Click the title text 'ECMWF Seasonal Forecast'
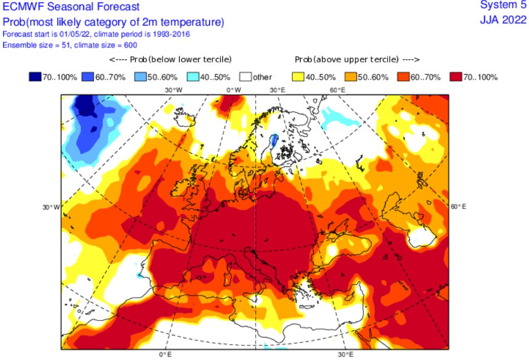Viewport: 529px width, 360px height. click(x=71, y=7)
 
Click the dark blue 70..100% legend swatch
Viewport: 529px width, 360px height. click(x=36, y=77)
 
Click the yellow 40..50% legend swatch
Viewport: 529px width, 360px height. click(x=300, y=77)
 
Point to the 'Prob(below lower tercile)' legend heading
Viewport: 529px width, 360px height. click(x=170, y=59)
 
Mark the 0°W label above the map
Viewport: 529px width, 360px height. click(x=234, y=90)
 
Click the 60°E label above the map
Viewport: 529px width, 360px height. click(x=336, y=90)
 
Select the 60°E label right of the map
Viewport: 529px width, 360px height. click(x=458, y=206)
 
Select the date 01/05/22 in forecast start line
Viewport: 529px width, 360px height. click(x=64, y=34)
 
